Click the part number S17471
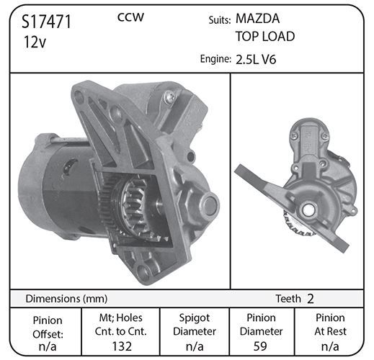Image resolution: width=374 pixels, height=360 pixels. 46,22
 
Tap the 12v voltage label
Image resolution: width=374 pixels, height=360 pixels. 35,42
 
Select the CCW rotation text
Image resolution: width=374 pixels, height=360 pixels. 130,17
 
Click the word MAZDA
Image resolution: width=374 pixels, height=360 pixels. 257,19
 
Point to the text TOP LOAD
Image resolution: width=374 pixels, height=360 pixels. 265,37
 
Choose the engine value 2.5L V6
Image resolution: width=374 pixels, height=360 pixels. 256,59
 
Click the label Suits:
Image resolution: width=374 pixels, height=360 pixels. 220,20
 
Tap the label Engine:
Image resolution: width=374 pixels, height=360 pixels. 215,59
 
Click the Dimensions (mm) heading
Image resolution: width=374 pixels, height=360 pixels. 66,299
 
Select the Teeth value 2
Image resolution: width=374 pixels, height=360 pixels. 311,299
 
